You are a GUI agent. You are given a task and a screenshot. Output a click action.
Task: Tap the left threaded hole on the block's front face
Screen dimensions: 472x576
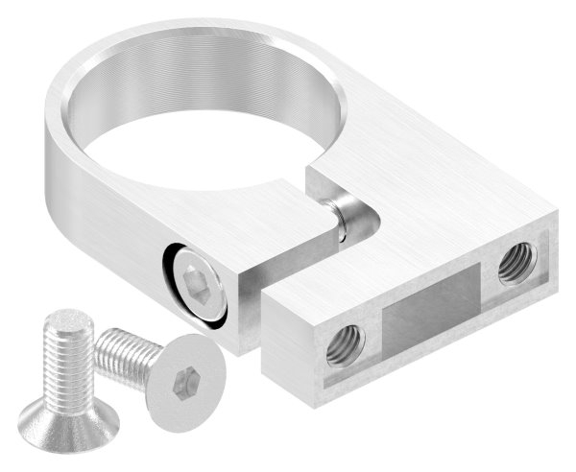pyautogui.click(x=342, y=343)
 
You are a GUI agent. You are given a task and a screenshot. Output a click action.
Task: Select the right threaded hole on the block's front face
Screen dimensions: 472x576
pyautogui.click(x=516, y=261)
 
